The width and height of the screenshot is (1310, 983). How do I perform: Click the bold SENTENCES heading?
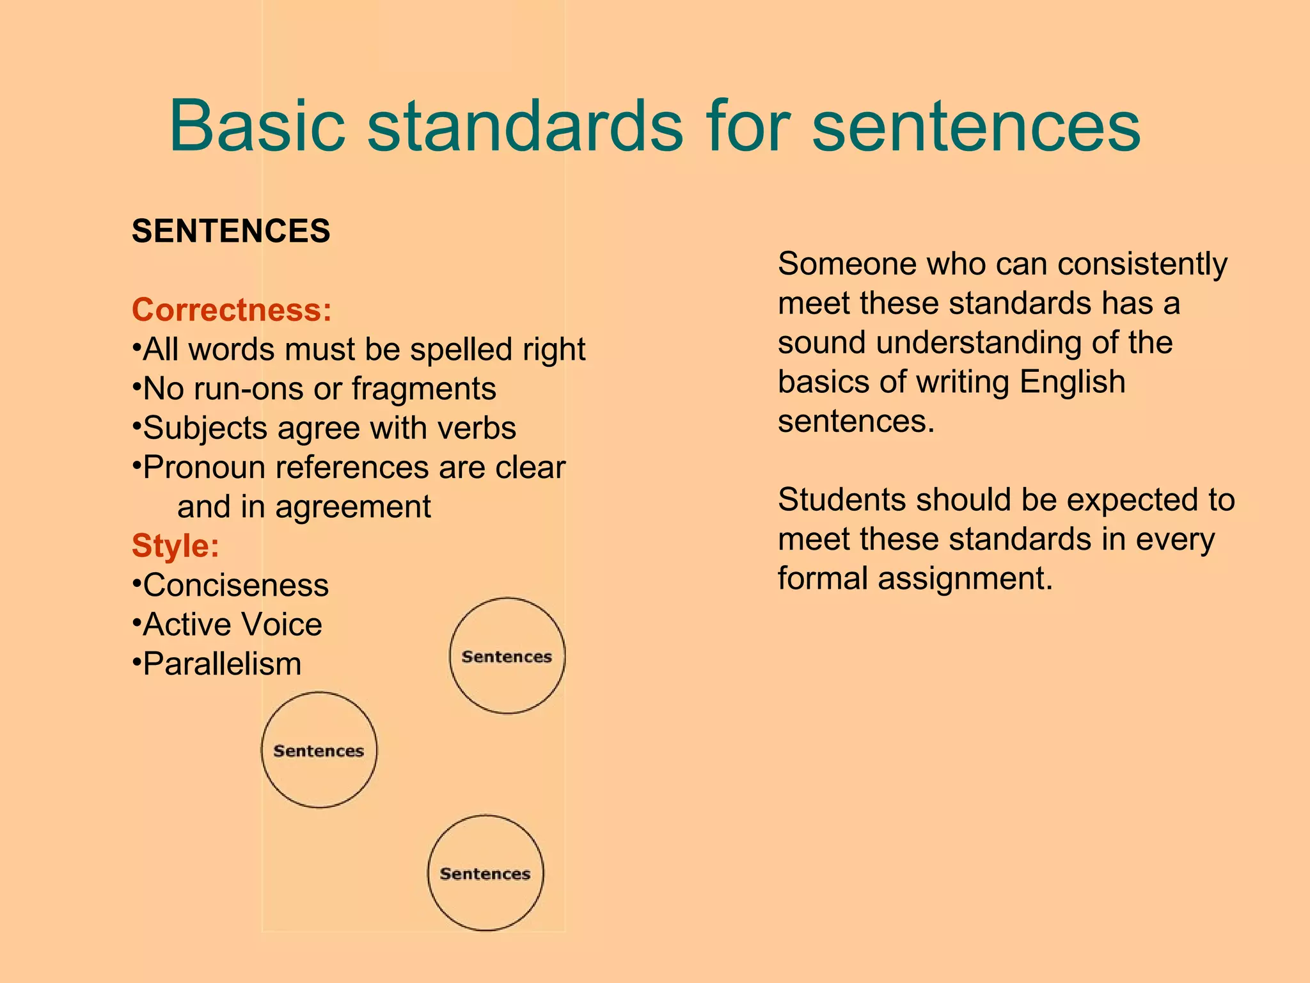point(231,231)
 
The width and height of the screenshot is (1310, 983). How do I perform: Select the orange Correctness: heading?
point(232,310)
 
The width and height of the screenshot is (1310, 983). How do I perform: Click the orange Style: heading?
point(175,546)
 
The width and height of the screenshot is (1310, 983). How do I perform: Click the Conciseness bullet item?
point(235,586)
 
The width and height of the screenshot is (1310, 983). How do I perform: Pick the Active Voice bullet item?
point(232,625)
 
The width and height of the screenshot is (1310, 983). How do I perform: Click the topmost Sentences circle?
point(507,656)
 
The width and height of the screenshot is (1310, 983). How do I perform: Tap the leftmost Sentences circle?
point(319,750)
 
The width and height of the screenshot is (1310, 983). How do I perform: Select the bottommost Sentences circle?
point(485,873)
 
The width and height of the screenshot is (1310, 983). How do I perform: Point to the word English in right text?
point(1072,382)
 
